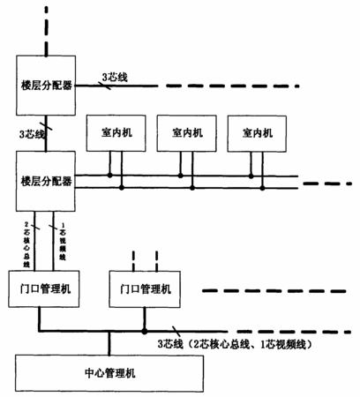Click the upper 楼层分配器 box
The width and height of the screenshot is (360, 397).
click(46, 86)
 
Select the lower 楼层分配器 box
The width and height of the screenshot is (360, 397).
click(46, 181)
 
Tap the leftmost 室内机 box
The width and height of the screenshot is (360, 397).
click(116, 133)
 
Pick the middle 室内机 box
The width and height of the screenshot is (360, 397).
click(187, 133)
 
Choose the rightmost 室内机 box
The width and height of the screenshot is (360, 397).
click(257, 134)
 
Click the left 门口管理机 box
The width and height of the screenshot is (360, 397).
click(44, 289)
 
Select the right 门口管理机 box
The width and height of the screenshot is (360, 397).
click(145, 289)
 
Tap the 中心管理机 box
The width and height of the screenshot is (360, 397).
click(109, 373)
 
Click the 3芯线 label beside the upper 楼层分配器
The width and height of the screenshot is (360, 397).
click(115, 78)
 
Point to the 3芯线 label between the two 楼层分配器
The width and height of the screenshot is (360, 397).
click(33, 134)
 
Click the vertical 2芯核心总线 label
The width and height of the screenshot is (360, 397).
click(26, 244)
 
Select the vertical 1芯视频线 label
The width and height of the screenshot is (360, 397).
click(63, 242)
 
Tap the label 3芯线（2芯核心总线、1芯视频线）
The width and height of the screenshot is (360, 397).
click(235, 344)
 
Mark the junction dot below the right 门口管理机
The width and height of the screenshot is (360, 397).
click(145, 332)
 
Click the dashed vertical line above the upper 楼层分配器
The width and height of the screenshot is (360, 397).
click(46, 31)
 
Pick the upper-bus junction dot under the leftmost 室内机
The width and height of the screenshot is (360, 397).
click(110, 176)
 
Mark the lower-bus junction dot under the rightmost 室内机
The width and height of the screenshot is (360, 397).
click(262, 188)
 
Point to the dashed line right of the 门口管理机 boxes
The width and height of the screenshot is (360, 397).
click(274, 291)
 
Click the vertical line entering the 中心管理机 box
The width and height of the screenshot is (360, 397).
click(109, 343)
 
